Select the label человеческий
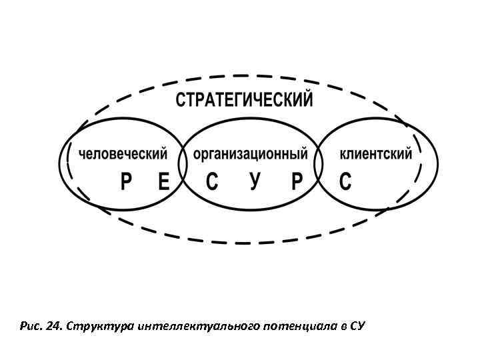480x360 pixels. click(123, 155)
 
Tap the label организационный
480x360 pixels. click(250, 155)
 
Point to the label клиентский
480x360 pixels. click(376, 155)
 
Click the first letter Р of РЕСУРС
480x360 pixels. click(127, 181)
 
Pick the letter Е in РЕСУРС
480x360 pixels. click(164, 181)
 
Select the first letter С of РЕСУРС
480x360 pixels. click(211, 181)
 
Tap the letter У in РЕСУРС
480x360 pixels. click(254, 181)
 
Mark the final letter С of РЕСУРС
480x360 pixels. click(345, 181)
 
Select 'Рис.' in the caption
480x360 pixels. click(31, 327)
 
